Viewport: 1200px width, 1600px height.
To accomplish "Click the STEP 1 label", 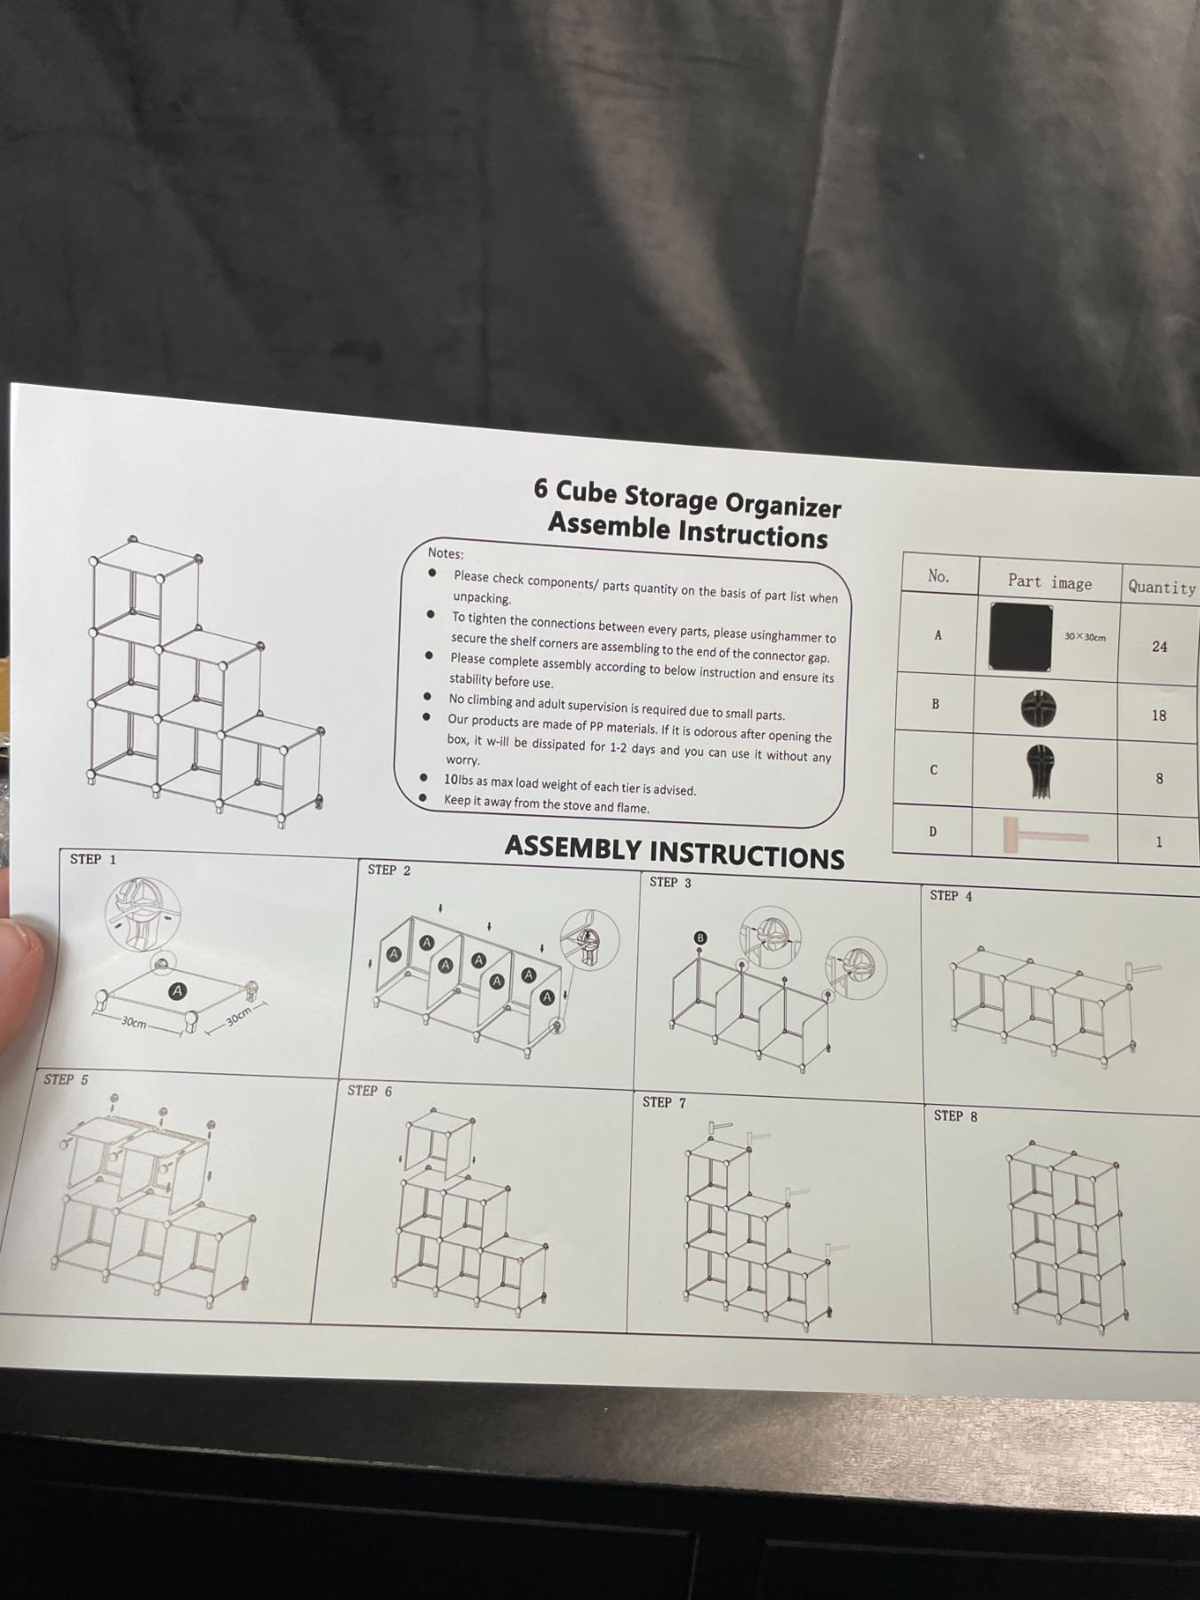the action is click(93, 860).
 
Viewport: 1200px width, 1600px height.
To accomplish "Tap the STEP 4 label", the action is click(951, 896).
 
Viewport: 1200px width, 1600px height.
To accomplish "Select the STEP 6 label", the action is click(370, 1091).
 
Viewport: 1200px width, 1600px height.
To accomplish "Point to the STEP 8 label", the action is click(956, 1116).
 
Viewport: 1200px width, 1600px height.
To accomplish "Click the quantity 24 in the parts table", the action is click(1159, 647).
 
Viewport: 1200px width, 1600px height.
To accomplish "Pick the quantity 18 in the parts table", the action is click(1158, 716).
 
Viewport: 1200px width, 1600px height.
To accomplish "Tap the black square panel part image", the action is click(1020, 636).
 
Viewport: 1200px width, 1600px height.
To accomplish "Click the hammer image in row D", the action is click(1044, 836).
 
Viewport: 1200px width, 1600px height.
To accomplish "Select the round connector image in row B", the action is click(1038, 708).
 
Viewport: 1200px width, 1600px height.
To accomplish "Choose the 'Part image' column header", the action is click(1050, 582).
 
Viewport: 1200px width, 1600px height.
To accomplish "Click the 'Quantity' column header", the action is click(1162, 588).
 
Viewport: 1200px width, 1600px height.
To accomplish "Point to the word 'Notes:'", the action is click(445, 553).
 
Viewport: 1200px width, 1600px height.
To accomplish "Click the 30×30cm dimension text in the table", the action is click(1085, 637).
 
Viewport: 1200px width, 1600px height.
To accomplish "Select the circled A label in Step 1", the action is click(178, 990).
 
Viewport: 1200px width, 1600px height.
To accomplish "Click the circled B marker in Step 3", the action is click(700, 938).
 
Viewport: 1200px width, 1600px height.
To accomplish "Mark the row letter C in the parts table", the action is click(933, 770).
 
